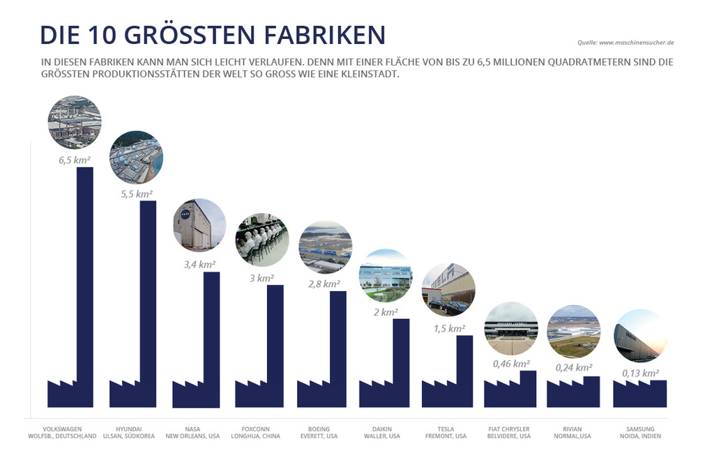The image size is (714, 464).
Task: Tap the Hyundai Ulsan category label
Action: click(x=136, y=433)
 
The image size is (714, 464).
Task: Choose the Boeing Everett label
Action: click(x=323, y=433)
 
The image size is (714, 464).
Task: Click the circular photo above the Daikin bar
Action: click(x=385, y=275)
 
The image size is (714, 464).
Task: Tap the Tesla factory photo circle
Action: click(x=448, y=289)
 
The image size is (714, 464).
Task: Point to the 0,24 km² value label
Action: click(x=572, y=368)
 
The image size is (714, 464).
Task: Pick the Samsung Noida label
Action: click(x=640, y=433)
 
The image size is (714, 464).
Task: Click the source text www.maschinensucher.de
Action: click(x=627, y=43)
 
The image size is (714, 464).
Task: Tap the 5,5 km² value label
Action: click(x=137, y=194)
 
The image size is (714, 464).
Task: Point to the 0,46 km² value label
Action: click(x=510, y=363)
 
